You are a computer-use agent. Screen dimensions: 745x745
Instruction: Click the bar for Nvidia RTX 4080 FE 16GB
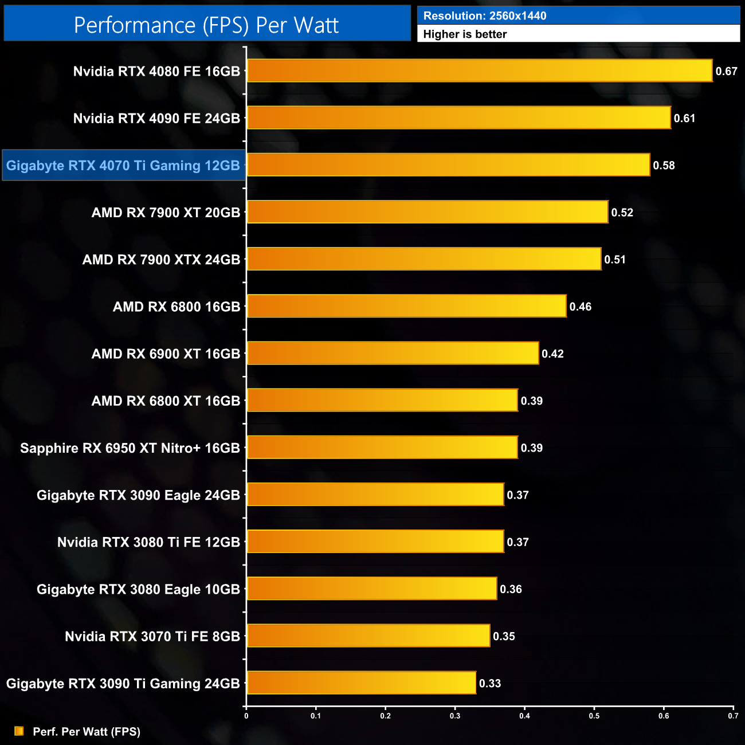pos(480,71)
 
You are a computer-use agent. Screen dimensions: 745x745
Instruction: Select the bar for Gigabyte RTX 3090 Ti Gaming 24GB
pos(361,683)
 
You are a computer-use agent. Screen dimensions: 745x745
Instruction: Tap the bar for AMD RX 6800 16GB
pos(406,306)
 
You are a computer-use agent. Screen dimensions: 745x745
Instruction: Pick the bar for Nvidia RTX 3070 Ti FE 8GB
pos(368,636)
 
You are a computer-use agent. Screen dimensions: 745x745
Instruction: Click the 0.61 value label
pos(684,119)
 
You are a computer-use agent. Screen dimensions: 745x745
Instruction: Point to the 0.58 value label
pos(664,166)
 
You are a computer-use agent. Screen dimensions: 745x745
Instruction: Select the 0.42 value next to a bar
pos(552,354)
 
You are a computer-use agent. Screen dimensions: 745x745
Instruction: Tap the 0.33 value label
pos(490,683)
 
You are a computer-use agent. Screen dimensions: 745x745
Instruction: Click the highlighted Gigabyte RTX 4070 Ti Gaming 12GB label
pos(123,166)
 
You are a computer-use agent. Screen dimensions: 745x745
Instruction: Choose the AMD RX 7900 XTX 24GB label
pos(161,260)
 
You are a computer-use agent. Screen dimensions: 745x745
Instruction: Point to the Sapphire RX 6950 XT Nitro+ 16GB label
pos(130,448)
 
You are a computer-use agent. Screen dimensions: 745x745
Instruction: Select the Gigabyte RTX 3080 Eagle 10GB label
pos(138,589)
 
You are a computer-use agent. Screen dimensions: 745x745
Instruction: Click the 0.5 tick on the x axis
pos(594,716)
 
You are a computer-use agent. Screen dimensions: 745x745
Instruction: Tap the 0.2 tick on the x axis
pos(386,716)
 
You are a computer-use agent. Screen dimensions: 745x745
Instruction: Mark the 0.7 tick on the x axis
pos(733,716)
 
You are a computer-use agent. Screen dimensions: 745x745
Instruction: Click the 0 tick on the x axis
pos(246,716)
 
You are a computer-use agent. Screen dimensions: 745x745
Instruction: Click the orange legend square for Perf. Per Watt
pos(19,731)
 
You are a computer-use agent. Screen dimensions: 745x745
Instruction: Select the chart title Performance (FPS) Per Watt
pos(206,25)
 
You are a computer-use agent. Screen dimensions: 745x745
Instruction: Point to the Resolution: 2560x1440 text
pos(485,16)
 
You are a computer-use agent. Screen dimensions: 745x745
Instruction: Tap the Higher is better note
pos(465,34)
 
